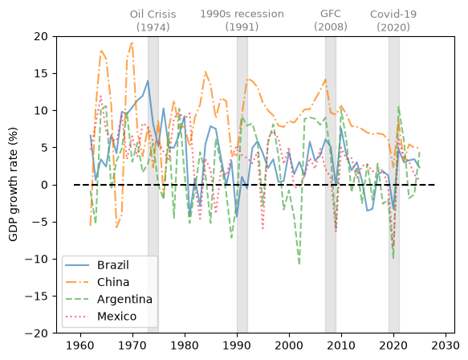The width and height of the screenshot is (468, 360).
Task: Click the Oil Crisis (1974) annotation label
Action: click(x=153, y=21)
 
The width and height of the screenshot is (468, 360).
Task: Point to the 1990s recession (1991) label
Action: click(x=242, y=21)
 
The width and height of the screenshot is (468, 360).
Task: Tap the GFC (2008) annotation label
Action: click(x=331, y=20)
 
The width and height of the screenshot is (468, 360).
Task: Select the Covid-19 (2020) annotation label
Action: click(x=393, y=21)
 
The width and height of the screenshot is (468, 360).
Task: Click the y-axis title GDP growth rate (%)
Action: click(x=13, y=185)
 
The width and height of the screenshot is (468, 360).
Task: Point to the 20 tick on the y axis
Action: click(x=41, y=36)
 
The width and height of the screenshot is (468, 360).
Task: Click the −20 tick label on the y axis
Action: click(x=36, y=333)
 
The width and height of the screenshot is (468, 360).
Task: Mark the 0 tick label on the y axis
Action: click(x=44, y=185)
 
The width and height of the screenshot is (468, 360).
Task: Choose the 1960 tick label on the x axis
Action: click(x=80, y=346)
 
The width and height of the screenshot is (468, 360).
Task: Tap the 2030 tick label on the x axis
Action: click(x=446, y=346)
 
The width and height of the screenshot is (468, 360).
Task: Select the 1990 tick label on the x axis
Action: click(x=237, y=346)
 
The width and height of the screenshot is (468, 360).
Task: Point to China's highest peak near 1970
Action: click(x=132, y=43)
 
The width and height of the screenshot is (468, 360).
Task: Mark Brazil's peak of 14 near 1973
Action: click(x=148, y=80)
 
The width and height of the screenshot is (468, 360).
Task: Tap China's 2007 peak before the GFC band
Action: click(x=326, y=80)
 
